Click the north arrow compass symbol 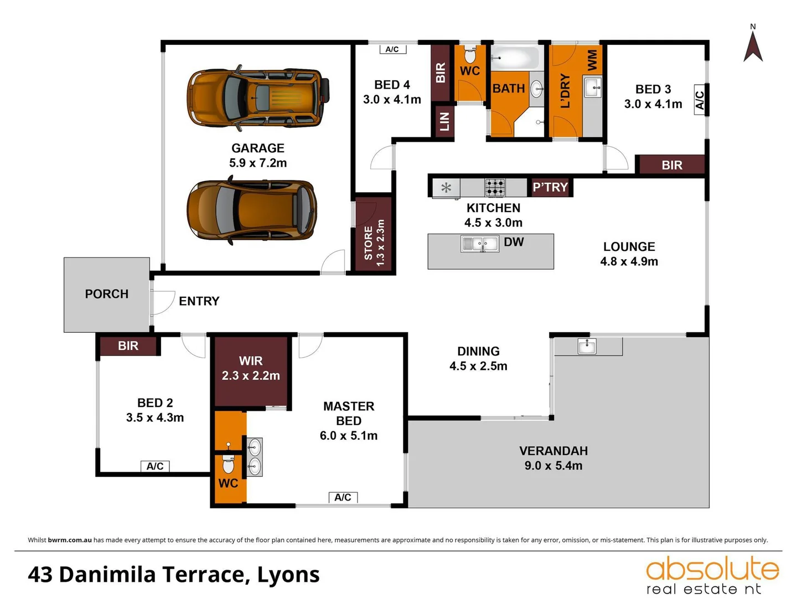click(x=753, y=45)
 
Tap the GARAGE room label click(x=258, y=148)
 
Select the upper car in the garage click(x=258, y=98)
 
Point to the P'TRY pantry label click(x=550, y=187)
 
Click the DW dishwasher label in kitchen click(x=514, y=242)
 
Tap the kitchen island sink click(x=480, y=244)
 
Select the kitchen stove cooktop click(x=495, y=188)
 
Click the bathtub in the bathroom click(x=515, y=58)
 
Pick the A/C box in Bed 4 click(x=392, y=49)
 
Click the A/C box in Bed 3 click(x=700, y=100)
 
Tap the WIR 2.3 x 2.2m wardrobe click(x=251, y=369)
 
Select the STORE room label click(x=369, y=243)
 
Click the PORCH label click(x=107, y=294)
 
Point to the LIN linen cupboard click(x=444, y=121)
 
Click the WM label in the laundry click(x=592, y=60)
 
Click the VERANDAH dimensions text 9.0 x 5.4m click(x=553, y=466)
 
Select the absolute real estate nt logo click(x=712, y=575)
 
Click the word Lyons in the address click(x=288, y=575)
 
